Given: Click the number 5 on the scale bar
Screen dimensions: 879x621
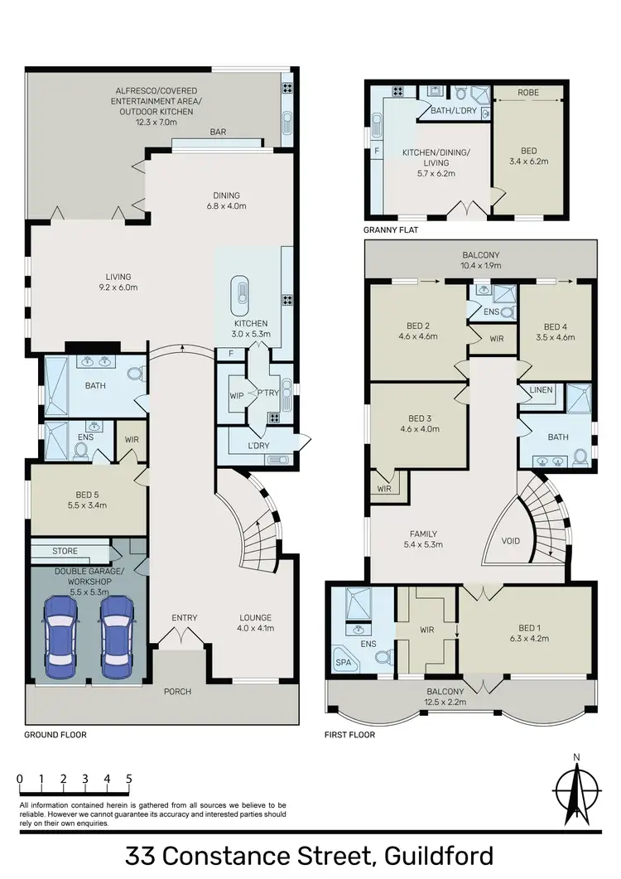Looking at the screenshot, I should coord(129,779).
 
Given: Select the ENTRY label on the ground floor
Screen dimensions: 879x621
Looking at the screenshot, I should coord(184,618).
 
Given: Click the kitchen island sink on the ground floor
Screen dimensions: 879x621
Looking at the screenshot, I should coord(243,292).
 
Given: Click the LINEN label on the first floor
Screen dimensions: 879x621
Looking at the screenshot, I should coord(542,389).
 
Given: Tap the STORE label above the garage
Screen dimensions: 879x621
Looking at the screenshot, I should coord(65,550).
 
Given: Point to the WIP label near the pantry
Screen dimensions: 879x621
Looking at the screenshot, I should coord(236,395).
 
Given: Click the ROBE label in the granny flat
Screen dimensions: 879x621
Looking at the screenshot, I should coord(528,93).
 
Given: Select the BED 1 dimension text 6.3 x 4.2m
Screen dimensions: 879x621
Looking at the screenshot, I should coord(523,640).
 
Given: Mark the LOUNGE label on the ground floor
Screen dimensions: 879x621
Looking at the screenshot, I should coord(254,618).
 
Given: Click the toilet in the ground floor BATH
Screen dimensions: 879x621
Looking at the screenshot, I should coord(133,374).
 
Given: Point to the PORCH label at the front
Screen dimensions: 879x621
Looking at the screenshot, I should coord(177,692).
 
